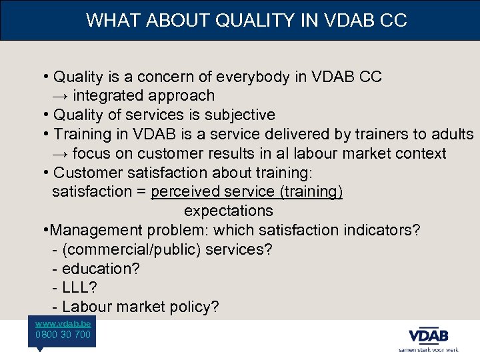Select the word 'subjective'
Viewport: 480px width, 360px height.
coord(241,115)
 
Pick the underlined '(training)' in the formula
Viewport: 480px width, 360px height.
coord(311,192)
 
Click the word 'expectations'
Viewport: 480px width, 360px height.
coord(229,211)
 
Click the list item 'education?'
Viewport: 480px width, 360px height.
coord(99,269)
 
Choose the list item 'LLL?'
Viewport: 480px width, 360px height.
coord(79,288)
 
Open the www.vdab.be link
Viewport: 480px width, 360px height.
coord(63,323)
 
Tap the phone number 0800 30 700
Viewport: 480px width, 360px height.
coord(63,335)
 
